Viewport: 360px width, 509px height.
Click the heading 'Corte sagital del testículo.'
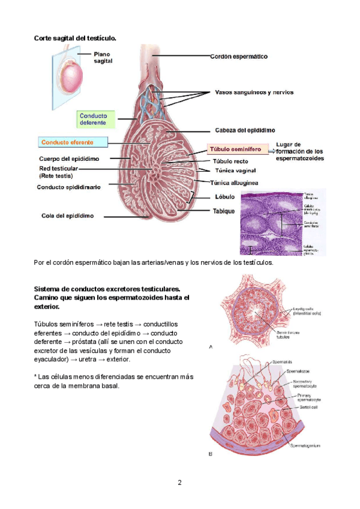pyautogui.click(x=74, y=38)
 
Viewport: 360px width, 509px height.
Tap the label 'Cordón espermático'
pyautogui.click(x=238, y=56)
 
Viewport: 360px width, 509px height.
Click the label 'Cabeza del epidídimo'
pyautogui.click(x=244, y=130)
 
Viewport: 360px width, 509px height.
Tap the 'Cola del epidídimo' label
pyautogui.click(x=67, y=216)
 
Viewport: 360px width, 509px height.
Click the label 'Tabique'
pyautogui.click(x=223, y=211)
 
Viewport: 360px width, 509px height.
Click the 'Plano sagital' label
pyautogui.click(x=103, y=58)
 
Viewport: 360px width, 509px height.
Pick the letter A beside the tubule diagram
pyautogui.click(x=210, y=346)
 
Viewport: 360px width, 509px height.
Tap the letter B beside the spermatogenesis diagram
pyautogui.click(x=210, y=454)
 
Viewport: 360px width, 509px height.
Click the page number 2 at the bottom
pyautogui.click(x=179, y=482)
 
